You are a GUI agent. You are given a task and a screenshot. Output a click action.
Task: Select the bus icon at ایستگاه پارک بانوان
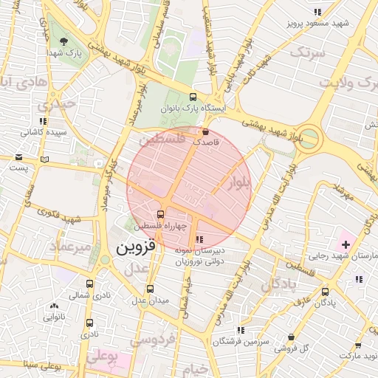[193, 97]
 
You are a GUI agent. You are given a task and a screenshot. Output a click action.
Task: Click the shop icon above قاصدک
[205, 131]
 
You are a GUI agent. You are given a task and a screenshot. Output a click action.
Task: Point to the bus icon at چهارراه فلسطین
[162, 214]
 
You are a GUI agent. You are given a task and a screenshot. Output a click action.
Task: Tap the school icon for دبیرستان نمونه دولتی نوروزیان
[199, 239]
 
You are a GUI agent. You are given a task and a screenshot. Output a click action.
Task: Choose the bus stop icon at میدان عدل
[151, 289]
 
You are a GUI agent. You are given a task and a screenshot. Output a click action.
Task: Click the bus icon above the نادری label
[90, 323]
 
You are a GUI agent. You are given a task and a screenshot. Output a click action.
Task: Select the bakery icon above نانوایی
[54, 306]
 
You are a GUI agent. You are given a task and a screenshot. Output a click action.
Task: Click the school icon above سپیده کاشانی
[43, 121]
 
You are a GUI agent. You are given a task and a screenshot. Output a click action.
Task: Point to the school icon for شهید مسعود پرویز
[317, 12]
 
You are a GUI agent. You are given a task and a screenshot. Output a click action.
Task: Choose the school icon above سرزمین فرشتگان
[241, 330]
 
